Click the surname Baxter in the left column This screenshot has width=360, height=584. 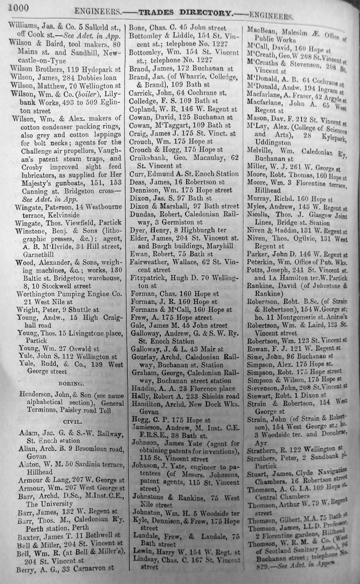[x=29, y=530]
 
